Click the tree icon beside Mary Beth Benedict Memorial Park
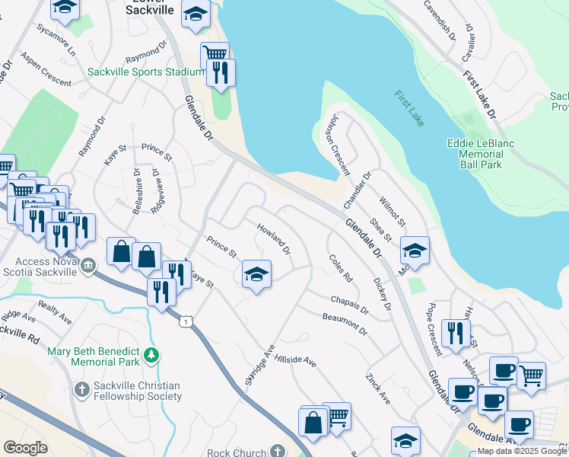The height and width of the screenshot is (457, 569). pos(151,354)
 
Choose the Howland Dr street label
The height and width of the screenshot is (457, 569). pos(273,239)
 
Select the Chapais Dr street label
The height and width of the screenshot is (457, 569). pos(349,305)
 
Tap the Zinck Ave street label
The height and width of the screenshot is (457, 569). pos(377,388)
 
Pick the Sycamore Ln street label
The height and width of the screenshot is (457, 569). pos(56,40)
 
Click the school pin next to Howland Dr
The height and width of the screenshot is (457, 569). pos(257,274)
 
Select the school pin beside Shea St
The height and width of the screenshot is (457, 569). pos(415,250)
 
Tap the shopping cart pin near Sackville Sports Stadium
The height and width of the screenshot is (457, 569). pos(215,54)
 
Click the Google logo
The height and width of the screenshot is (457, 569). pos(25,448)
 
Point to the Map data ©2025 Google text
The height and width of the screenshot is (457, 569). pos(522,451)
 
